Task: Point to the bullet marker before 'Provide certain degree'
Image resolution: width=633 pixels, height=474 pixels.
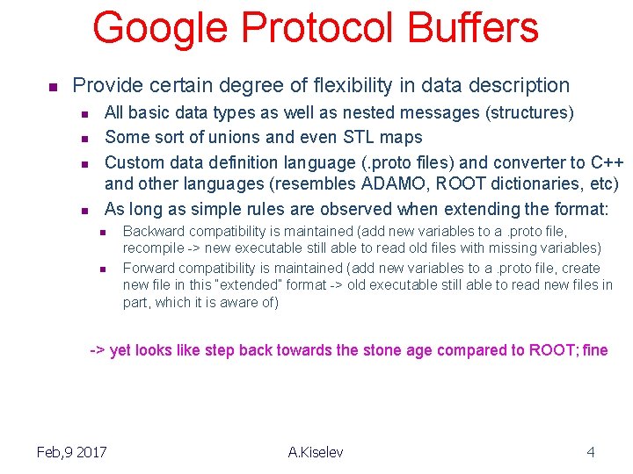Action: tap(52, 87)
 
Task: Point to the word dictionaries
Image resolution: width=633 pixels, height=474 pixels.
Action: tap(511, 184)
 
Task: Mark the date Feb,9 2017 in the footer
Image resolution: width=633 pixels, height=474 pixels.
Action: tap(71, 452)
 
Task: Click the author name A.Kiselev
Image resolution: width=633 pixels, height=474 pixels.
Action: tap(316, 452)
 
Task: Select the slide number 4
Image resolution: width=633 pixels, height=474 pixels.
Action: tap(591, 452)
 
